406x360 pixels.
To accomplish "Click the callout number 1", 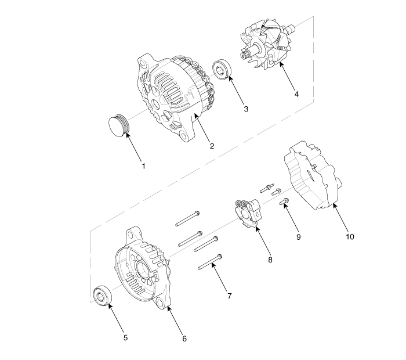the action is (x=144, y=166).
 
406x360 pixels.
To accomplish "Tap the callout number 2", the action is (x=212, y=146).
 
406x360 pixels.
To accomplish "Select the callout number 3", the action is (x=246, y=109).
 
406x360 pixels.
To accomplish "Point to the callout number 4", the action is (x=296, y=94).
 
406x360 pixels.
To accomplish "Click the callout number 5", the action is (x=126, y=338).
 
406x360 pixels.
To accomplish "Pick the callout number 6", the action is (x=184, y=339).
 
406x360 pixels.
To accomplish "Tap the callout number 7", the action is (x=230, y=296).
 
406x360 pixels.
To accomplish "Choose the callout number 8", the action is (x=270, y=260).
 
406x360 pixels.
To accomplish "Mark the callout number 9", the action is (x=298, y=237).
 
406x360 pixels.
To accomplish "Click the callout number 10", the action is (x=350, y=237).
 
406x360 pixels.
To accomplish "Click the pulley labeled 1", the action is (x=118, y=125).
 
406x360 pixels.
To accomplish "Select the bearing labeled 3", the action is (x=222, y=70).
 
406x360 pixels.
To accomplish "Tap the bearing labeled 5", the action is (x=102, y=296).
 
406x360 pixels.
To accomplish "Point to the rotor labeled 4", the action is (x=267, y=44).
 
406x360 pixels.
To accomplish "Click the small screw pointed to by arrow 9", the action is (x=284, y=201).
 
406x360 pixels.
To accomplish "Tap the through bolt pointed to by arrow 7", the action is (x=210, y=262).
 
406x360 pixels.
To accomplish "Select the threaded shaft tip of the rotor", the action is (x=244, y=55).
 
